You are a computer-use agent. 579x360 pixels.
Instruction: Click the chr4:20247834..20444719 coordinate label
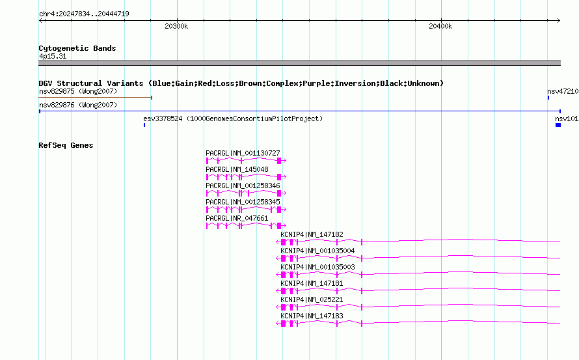click(x=84, y=14)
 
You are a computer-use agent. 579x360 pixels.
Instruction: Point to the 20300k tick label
click(x=176, y=26)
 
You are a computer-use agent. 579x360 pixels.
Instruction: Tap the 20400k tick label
click(x=440, y=26)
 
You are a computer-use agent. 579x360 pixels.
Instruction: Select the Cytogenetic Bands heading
click(x=77, y=48)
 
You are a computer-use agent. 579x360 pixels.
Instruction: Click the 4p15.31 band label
click(x=53, y=56)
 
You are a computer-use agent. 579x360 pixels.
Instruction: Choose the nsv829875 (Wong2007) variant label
click(x=78, y=91)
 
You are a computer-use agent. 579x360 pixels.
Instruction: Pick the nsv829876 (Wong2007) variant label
click(x=78, y=105)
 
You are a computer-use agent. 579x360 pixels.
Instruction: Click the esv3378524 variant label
click(x=163, y=118)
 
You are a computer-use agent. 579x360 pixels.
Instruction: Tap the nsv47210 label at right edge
click(x=563, y=91)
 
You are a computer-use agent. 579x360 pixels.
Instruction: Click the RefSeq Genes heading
click(x=66, y=145)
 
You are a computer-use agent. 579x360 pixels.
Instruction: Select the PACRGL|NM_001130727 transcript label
click(x=243, y=153)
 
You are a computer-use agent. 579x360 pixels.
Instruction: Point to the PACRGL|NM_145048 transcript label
click(x=237, y=169)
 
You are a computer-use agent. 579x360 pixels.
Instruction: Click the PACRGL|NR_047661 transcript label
click(x=237, y=218)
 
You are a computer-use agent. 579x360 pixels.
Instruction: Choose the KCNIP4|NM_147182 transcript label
click(x=312, y=234)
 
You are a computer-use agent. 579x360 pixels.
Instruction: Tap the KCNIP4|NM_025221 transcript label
click(x=312, y=299)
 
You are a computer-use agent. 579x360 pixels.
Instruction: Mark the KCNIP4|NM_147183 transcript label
click(x=312, y=316)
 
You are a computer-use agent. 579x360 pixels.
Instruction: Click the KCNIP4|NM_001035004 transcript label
click(x=318, y=251)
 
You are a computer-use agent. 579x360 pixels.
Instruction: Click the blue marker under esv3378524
click(x=144, y=125)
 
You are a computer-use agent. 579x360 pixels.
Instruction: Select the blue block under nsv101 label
click(x=558, y=125)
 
